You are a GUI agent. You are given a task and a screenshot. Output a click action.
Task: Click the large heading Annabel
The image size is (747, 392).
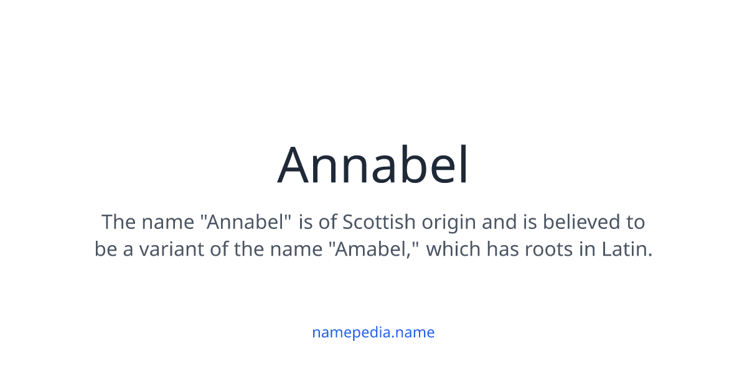pos(373,166)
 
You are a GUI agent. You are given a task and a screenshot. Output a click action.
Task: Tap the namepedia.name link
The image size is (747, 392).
pos(373,332)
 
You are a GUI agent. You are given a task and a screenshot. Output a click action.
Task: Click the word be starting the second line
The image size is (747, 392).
pos(104,250)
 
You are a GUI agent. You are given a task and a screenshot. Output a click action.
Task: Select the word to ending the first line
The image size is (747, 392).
pos(634,222)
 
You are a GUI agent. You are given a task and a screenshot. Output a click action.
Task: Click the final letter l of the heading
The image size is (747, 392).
pos(463,166)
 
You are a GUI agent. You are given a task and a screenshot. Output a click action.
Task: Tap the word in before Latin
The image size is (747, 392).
pos(586,250)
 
